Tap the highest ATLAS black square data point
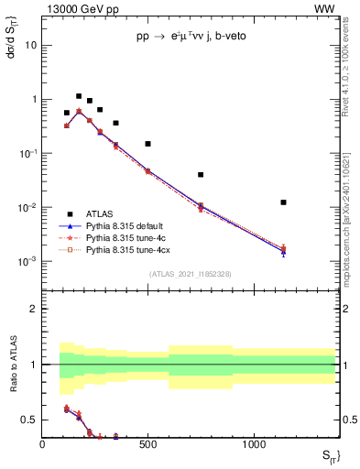point(79,95)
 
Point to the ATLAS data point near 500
point(147,144)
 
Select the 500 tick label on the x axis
point(147,444)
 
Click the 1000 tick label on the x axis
point(254,444)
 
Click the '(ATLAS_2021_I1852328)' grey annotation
point(190,274)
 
